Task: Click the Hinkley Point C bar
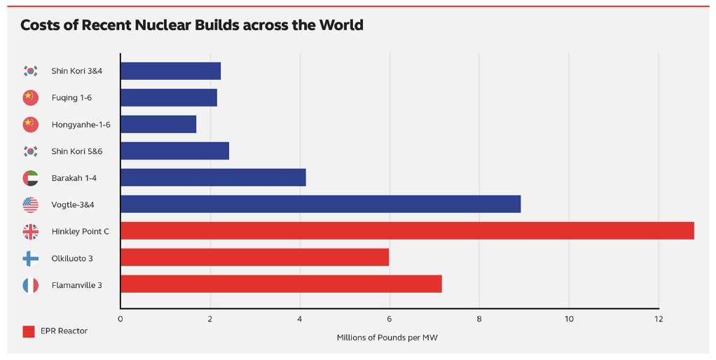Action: pyautogui.click(x=407, y=231)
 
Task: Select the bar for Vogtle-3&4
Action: pyautogui.click(x=320, y=204)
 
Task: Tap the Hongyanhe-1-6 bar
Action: pyautogui.click(x=158, y=125)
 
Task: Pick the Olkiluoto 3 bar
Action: pyautogui.click(x=254, y=258)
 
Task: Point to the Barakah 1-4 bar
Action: pyautogui.click(x=213, y=178)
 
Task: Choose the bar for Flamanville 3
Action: pyautogui.click(x=281, y=284)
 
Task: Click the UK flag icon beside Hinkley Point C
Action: pyautogui.click(x=30, y=231)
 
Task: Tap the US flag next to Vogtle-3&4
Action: pyautogui.click(x=30, y=205)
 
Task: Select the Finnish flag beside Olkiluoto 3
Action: pyautogui.click(x=30, y=258)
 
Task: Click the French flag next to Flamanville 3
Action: pyautogui.click(x=30, y=285)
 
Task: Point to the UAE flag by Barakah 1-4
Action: pyautogui.click(x=30, y=178)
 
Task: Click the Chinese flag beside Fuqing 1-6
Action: pyautogui.click(x=30, y=98)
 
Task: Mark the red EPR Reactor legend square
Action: pyautogui.click(x=29, y=331)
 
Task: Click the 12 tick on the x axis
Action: pyautogui.click(x=658, y=319)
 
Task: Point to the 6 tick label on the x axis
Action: pyautogui.click(x=390, y=319)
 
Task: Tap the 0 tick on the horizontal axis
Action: pyautogui.click(x=121, y=319)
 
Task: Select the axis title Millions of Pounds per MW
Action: pyautogui.click(x=387, y=338)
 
